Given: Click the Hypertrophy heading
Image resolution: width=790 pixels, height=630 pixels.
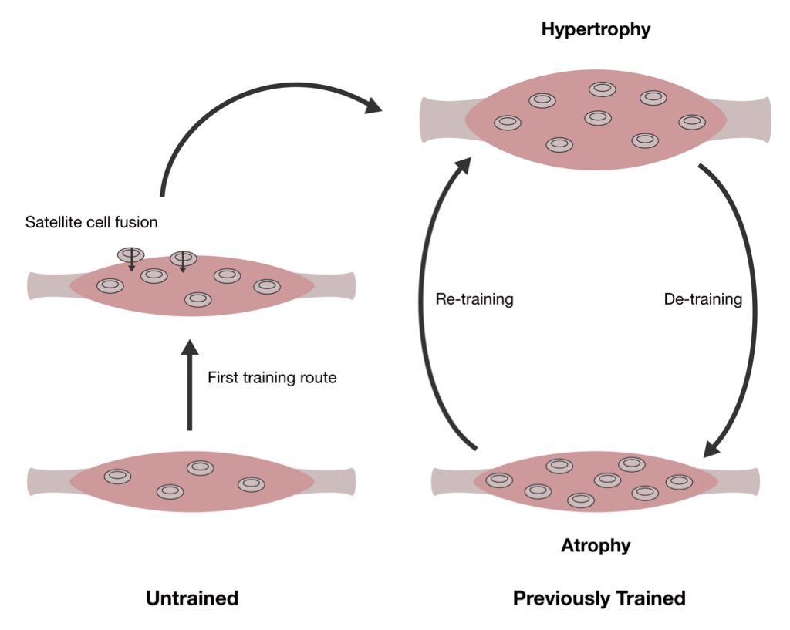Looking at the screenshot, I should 596,30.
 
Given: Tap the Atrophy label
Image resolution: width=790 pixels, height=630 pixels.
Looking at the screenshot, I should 596,546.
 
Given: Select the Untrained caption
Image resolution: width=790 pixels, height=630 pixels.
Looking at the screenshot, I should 192,598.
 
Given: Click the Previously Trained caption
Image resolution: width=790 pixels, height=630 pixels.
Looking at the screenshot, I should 599,598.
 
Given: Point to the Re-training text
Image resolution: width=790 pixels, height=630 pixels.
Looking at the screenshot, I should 474,299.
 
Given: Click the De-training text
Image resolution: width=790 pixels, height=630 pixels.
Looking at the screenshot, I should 703,299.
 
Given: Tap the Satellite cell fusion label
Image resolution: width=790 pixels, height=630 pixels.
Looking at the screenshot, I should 92,223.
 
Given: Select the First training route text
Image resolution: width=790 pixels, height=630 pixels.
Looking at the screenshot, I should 272,378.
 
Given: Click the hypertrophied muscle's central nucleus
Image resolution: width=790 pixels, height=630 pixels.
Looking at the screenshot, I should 598,118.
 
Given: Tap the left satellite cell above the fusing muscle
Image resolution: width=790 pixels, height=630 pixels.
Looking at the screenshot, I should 130,254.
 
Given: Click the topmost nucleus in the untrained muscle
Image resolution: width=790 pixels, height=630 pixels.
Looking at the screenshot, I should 200,467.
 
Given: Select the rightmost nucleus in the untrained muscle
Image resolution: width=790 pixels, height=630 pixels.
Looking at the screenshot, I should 252,484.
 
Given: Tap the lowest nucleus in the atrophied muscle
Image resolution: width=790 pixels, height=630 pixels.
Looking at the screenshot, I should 581,500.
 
